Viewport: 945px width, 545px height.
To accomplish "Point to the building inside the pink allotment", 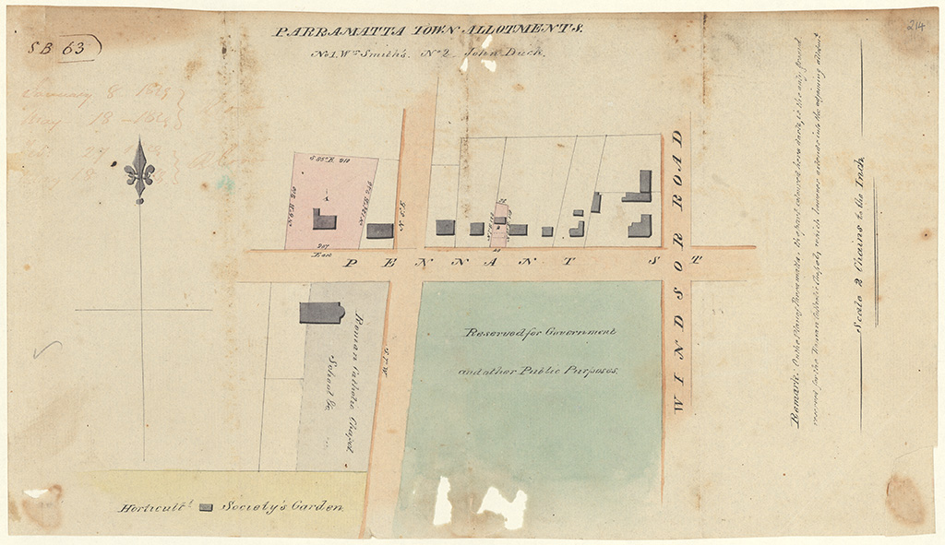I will point(323,219).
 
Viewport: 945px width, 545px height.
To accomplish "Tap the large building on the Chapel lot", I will point(321,312).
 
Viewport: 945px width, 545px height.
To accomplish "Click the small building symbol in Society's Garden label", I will point(206,507).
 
